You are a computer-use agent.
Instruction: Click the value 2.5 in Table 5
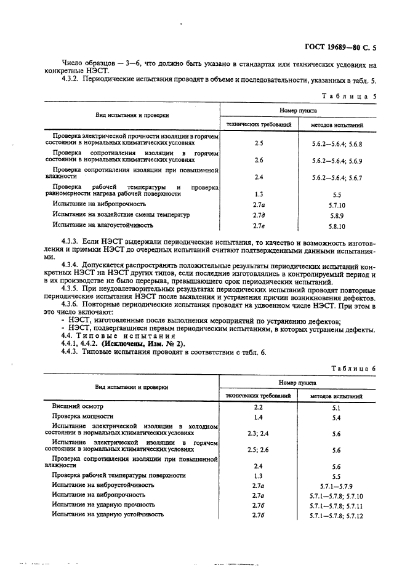259,143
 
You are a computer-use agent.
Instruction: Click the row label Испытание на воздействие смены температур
121,215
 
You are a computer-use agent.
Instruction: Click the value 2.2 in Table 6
259,407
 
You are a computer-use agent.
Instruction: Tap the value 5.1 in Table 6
336,407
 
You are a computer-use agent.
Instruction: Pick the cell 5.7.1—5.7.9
336,486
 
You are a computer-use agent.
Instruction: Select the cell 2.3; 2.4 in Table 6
259,433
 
